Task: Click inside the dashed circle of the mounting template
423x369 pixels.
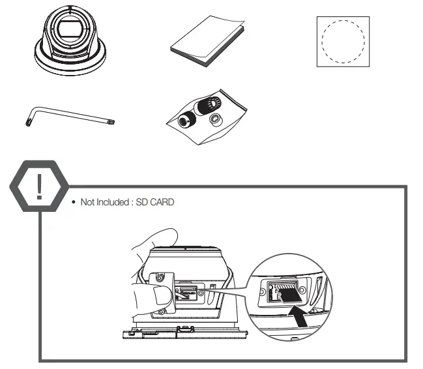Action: pyautogui.click(x=344, y=41)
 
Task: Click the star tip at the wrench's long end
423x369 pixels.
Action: pyautogui.click(x=112, y=121)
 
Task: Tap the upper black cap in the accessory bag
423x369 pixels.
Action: pyautogui.click(x=209, y=104)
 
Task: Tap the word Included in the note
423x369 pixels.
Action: pyautogui.click(x=113, y=202)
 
